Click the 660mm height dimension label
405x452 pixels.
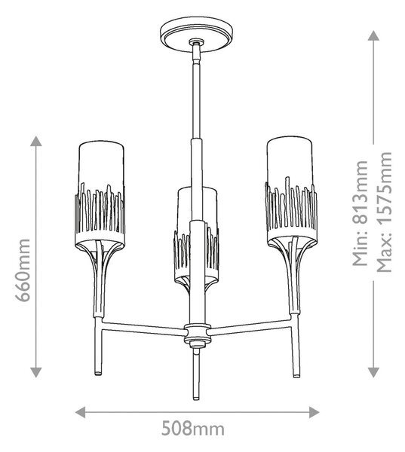(x=23, y=270)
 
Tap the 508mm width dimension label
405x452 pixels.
(x=192, y=429)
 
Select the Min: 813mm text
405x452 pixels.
(x=361, y=213)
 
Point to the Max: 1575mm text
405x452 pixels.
(x=385, y=212)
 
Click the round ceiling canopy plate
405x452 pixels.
(x=196, y=33)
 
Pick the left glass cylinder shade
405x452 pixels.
(x=101, y=193)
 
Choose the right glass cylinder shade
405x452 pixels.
(x=290, y=191)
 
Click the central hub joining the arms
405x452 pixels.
(x=197, y=335)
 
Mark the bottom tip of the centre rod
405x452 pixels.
(x=196, y=399)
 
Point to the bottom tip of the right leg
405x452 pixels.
(x=296, y=376)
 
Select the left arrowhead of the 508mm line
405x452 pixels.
(x=80, y=412)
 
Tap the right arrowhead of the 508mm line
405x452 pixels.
(x=314, y=412)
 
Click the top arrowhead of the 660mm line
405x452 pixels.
(x=35, y=141)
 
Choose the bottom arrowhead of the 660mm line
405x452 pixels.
(x=35, y=372)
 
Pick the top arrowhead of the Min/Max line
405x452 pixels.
(x=373, y=35)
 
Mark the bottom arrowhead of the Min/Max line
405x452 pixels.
(x=373, y=372)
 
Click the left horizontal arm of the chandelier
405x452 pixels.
(x=143, y=329)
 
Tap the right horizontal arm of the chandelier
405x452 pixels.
(x=250, y=328)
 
